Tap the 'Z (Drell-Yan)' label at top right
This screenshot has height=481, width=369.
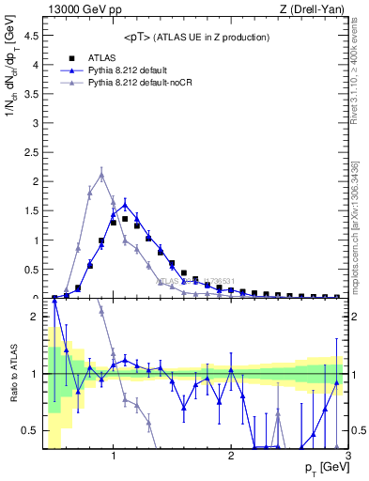point(310,9)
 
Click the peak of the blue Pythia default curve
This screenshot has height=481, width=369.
point(125,204)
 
